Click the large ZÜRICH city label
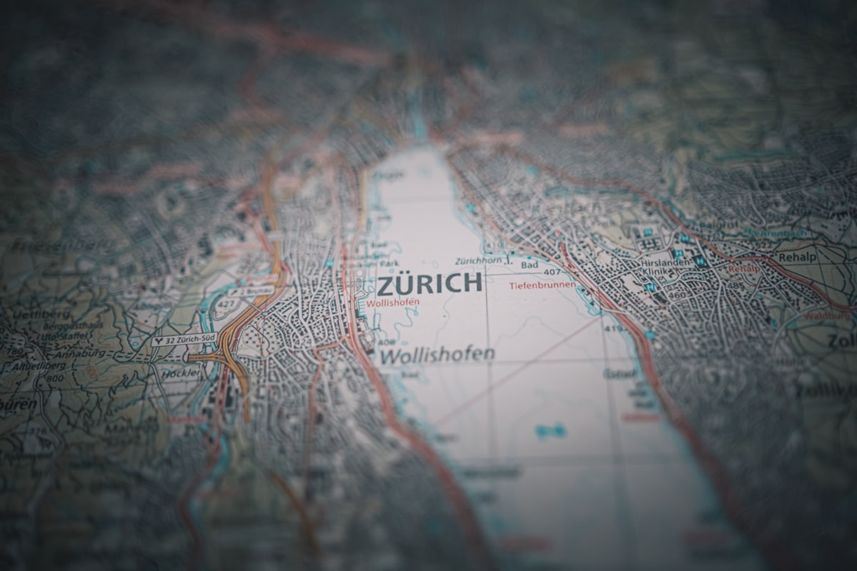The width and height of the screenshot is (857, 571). [429, 283]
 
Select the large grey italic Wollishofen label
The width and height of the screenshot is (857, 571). [436, 354]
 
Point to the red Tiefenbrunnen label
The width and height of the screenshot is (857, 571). [542, 285]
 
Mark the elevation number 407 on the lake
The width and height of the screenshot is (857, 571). [551, 272]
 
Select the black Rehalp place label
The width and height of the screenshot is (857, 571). [796, 256]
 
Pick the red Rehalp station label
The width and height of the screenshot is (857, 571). [743, 269]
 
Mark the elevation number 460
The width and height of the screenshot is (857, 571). [673, 294]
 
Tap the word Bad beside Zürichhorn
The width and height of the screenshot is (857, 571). [529, 264]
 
